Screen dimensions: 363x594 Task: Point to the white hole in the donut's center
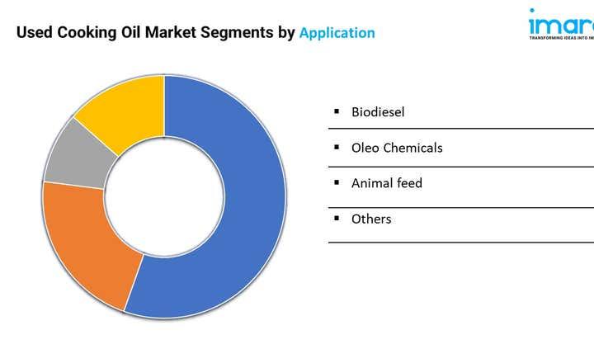tap(164, 196)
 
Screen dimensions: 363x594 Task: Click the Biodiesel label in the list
tap(378, 111)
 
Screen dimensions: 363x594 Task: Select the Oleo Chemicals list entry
tap(397, 148)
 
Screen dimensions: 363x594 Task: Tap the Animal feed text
tap(386, 183)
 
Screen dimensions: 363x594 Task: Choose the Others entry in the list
tap(371, 219)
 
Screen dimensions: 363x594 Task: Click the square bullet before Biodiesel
tap(337, 111)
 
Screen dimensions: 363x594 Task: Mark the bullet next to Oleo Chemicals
tap(337, 147)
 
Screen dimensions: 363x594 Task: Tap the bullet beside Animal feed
tap(337, 182)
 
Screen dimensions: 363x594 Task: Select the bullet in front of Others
tap(337, 218)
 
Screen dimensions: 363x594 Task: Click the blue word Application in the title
tap(337, 33)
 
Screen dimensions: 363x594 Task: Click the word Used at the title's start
tap(35, 33)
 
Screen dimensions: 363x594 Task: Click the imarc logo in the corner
tap(561, 20)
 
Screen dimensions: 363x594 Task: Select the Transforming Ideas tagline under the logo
tap(561, 37)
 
